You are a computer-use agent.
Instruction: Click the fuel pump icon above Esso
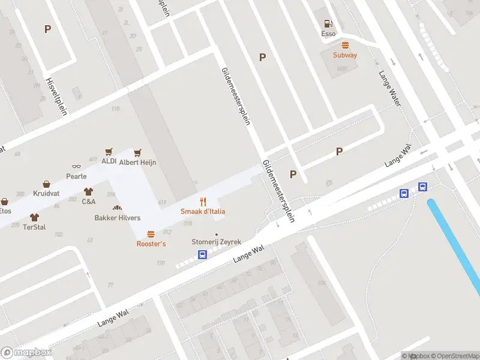(x=328, y=24)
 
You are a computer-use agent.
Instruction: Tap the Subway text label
(x=345, y=55)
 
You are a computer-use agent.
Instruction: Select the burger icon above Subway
(x=345, y=46)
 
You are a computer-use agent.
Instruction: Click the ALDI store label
(x=109, y=161)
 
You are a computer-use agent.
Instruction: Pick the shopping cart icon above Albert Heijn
(x=138, y=152)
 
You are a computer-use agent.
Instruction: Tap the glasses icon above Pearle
(x=76, y=167)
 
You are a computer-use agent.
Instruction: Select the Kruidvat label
(x=46, y=194)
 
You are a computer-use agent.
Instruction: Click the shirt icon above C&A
(x=89, y=192)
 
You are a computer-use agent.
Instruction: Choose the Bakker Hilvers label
(x=118, y=218)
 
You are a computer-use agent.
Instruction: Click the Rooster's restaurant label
(x=151, y=244)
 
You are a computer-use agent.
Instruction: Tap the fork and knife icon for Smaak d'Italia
(x=203, y=202)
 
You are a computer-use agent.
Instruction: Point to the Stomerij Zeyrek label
(x=216, y=242)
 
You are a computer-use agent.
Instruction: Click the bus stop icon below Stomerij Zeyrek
(x=203, y=255)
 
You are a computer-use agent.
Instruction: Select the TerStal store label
(x=34, y=227)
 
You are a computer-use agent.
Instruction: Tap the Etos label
(x=5, y=211)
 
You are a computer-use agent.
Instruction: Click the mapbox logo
(x=26, y=353)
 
